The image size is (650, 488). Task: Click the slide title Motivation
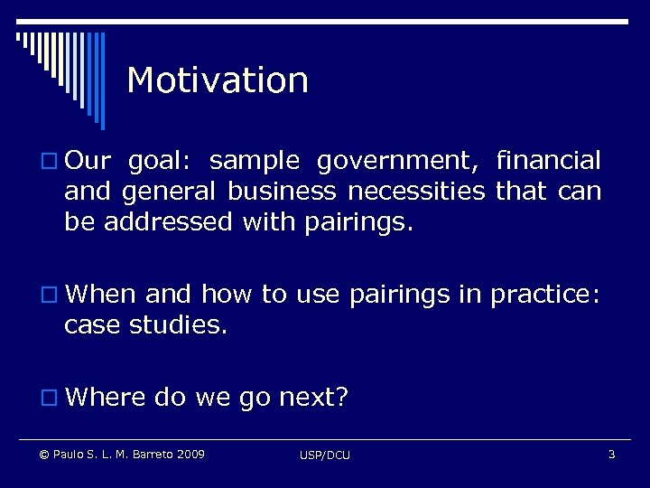(x=218, y=80)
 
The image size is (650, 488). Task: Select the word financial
(x=548, y=161)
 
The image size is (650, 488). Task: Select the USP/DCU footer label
(x=325, y=455)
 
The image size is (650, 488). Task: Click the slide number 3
(x=611, y=454)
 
